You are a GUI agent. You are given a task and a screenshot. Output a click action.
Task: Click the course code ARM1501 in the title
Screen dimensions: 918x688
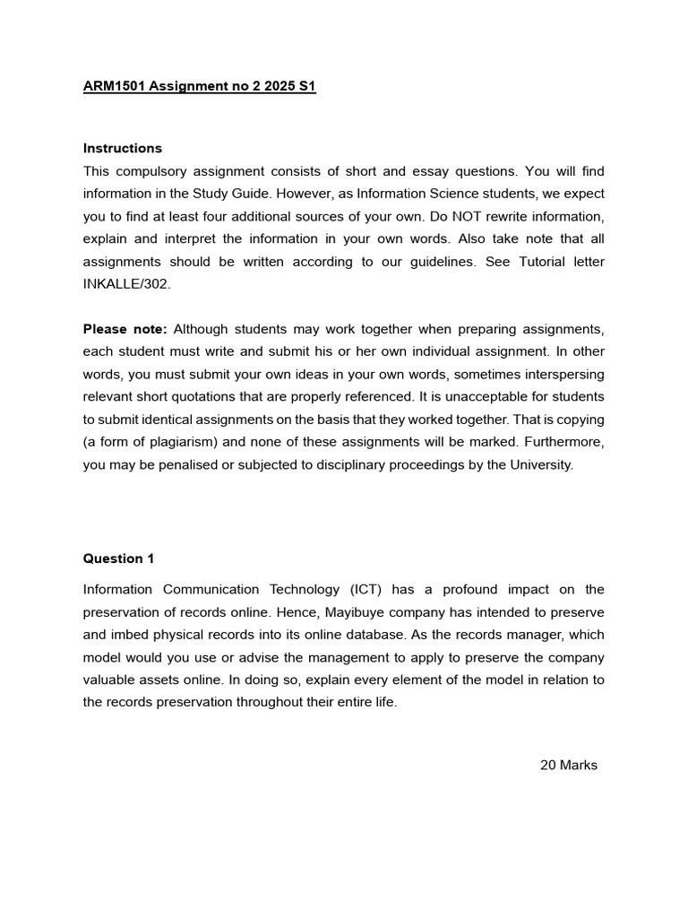pos(113,87)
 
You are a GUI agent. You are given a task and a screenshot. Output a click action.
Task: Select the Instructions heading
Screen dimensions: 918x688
pos(123,148)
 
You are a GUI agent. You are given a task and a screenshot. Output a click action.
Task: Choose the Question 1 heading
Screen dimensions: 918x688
pos(118,559)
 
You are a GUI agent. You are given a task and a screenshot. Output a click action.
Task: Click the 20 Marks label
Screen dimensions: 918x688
pos(568,765)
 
